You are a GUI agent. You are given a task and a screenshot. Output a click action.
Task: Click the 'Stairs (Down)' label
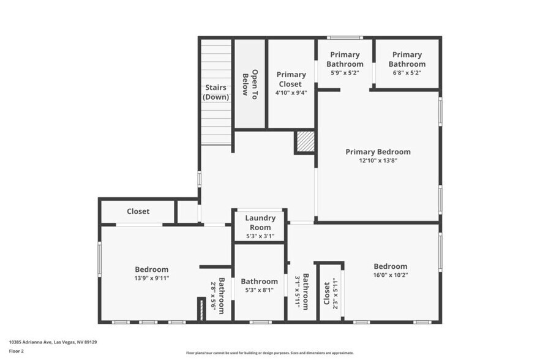pos(216,92)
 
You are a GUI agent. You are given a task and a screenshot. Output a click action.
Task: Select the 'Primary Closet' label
pos(291,80)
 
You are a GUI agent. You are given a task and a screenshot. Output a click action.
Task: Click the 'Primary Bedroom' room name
pos(378,152)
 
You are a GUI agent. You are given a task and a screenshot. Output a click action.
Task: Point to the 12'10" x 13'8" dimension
pos(378,161)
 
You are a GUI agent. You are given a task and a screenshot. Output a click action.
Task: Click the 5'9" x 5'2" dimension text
pos(344,73)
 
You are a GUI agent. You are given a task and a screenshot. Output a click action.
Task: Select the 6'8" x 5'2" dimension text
pos(407,73)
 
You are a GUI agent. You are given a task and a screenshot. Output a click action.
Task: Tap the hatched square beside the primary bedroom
pos(305,142)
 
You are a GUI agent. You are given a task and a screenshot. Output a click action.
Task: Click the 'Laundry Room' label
pos(260,223)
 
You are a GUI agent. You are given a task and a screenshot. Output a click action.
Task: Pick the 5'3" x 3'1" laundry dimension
pos(260,236)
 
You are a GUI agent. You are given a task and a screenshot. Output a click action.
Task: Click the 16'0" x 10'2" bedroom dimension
pos(390,276)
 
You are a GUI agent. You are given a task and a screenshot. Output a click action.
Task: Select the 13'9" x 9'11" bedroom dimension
pos(151,278)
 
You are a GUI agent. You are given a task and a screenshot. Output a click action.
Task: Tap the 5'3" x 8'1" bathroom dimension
pos(260,291)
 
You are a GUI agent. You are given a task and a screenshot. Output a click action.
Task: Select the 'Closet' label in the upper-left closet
pos(138,211)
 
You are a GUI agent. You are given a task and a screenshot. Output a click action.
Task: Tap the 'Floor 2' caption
pos(17,351)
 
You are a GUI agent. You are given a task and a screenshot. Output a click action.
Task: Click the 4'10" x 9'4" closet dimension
pos(291,93)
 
